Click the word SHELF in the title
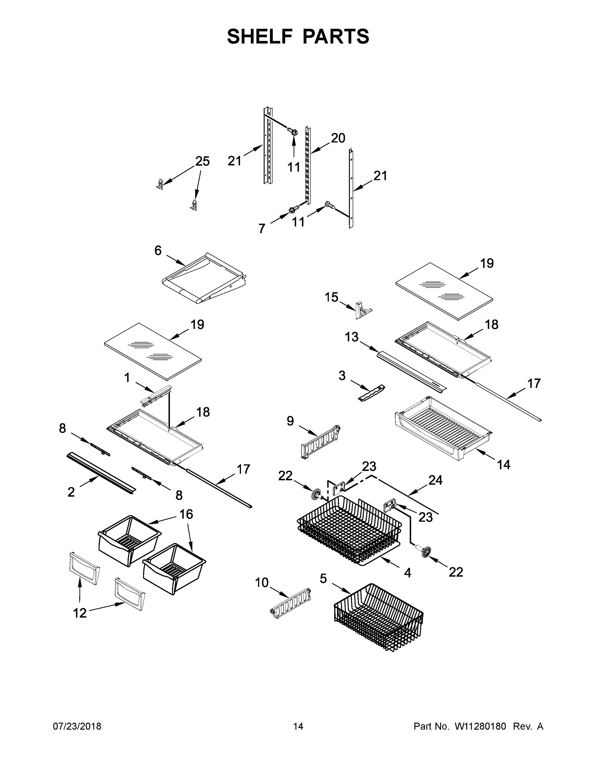point(260,36)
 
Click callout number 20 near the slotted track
point(338,138)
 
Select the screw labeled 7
point(292,210)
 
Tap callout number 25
point(202,161)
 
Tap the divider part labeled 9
point(320,442)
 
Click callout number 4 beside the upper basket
point(407,573)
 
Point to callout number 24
point(435,480)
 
